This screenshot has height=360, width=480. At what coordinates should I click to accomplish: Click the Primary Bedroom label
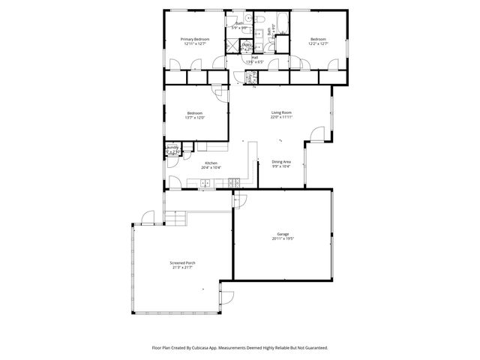coord(194,39)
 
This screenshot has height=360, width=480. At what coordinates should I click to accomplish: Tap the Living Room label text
coord(281,112)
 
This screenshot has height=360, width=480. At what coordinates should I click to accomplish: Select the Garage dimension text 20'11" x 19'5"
coord(282,239)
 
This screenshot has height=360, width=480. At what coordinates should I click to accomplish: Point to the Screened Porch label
coord(182,263)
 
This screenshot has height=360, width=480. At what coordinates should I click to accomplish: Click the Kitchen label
coord(211,163)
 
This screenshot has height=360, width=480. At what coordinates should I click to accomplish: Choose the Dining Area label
coord(281,162)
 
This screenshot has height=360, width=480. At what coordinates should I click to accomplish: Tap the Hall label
coord(255,57)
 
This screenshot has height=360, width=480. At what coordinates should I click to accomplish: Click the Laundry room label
coord(172,148)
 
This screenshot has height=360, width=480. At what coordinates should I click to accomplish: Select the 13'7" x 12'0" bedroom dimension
coord(195,118)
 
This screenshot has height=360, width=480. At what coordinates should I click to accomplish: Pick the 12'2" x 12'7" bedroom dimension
coord(319,43)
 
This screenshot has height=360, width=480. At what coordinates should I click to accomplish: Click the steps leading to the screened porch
coord(175,217)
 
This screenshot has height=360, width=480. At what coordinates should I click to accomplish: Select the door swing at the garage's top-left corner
coord(239,199)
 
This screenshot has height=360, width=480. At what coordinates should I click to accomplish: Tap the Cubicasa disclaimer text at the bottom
coord(239,347)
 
